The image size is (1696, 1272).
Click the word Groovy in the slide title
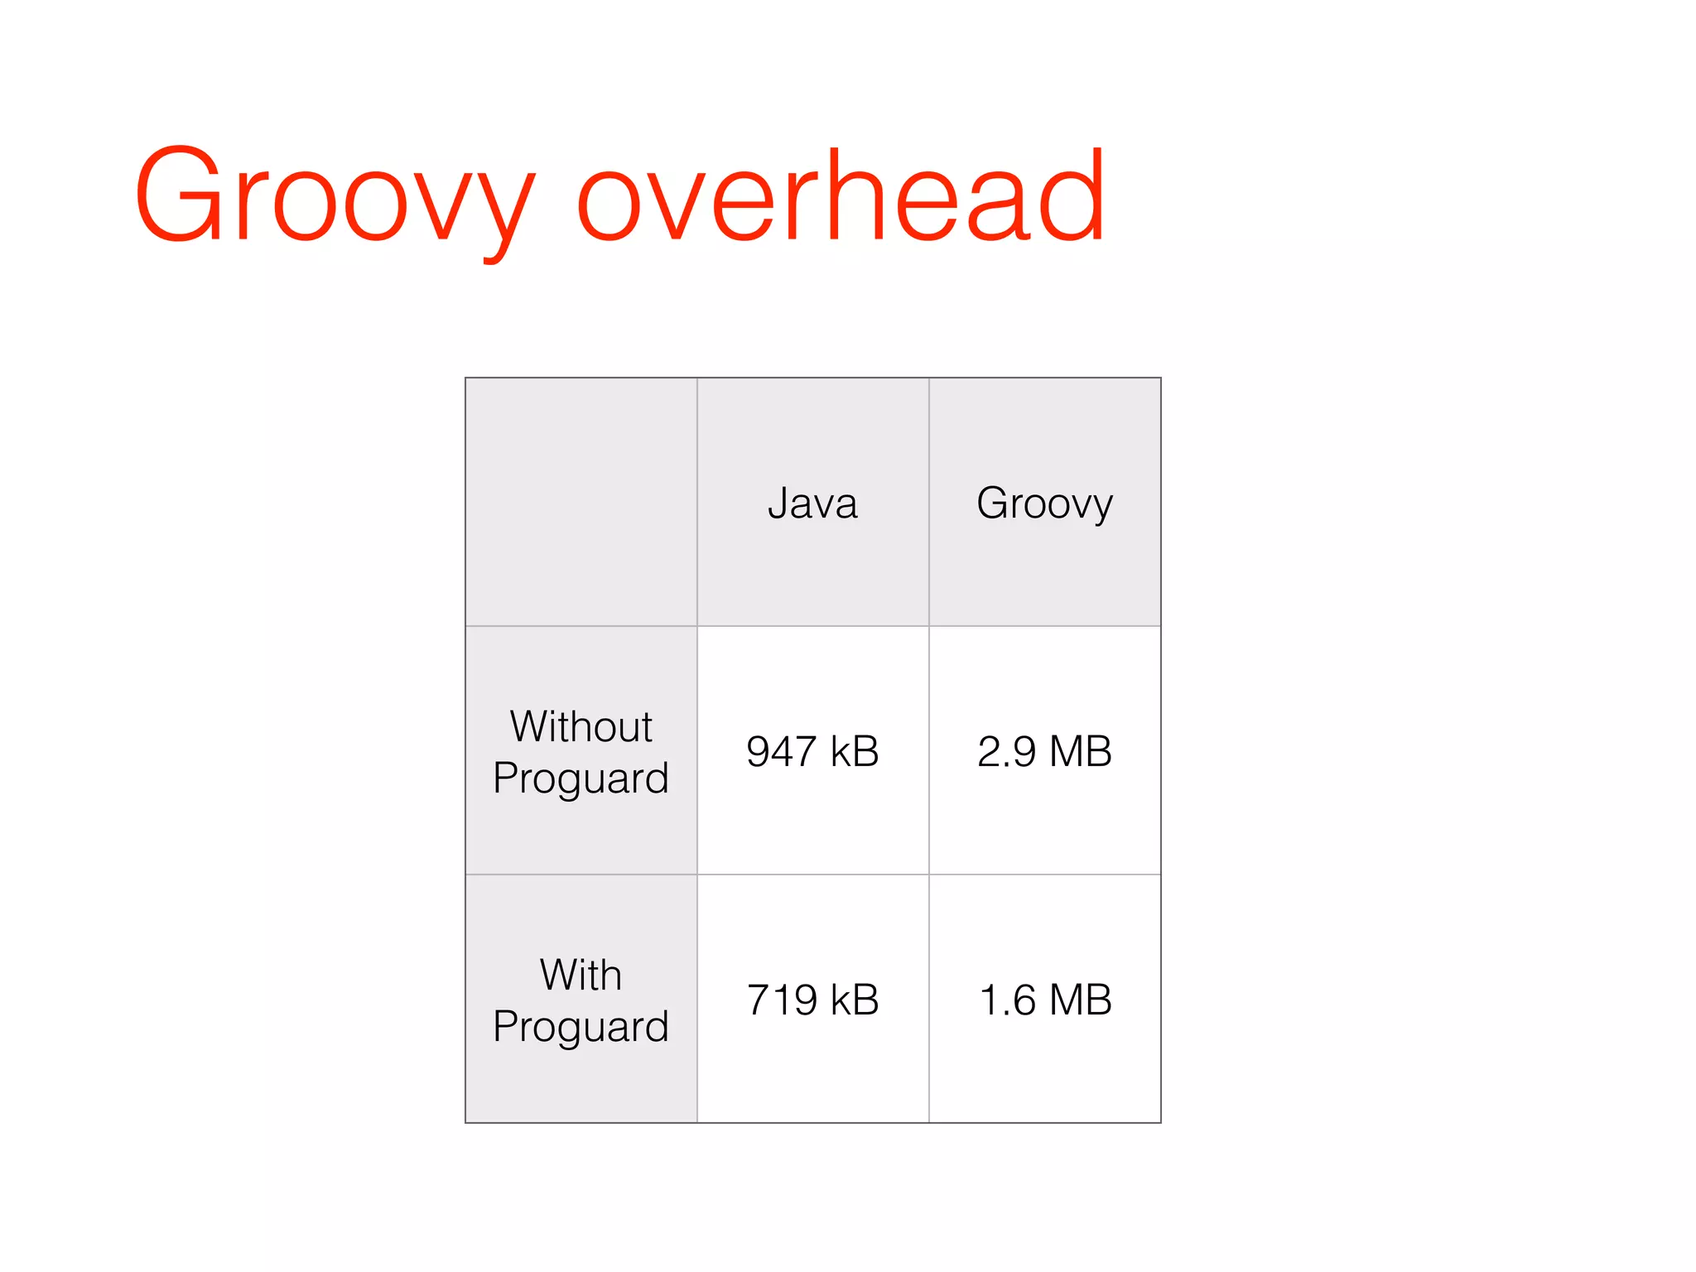335,199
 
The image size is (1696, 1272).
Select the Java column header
812,503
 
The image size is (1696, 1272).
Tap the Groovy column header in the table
1044,503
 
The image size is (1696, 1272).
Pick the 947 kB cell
812,751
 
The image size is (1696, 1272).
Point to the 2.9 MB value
1044,751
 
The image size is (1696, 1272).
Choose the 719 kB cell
812,1000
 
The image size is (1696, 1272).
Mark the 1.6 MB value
1044,1000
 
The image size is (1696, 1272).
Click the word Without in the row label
581,726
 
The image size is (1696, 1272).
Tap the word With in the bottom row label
581,975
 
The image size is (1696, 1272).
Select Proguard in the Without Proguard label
581,778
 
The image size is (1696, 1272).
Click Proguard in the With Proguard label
581,1027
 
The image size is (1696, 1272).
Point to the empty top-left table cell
581,502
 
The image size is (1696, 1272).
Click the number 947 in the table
780,751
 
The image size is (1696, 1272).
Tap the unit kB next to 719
854,1000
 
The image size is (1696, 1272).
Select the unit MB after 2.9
1080,751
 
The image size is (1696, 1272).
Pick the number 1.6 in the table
1007,1000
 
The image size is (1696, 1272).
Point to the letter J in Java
777,503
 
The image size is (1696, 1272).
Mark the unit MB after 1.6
1080,1000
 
